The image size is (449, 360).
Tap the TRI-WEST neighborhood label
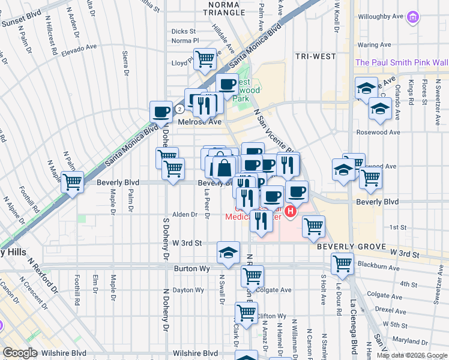click(x=315, y=56)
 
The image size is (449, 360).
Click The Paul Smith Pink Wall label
click(x=401, y=62)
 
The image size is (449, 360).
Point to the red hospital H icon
click(x=291, y=212)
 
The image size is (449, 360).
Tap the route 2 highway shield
click(x=179, y=109)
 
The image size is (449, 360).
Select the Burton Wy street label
click(x=192, y=269)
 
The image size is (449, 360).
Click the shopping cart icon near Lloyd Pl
click(x=205, y=59)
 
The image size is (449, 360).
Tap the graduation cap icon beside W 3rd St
click(x=228, y=252)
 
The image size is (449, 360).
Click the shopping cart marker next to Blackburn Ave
click(x=342, y=263)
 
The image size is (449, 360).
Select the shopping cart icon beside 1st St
click(x=313, y=226)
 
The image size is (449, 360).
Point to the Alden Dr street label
click(x=185, y=214)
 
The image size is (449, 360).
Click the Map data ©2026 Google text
click(x=411, y=355)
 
